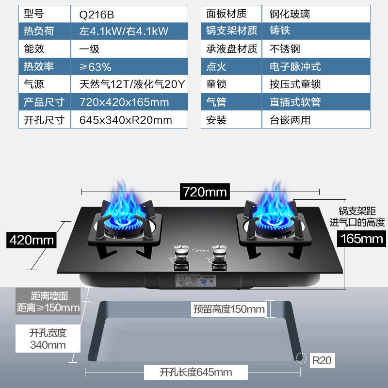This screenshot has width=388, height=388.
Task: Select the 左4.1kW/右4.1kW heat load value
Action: (x=124, y=32)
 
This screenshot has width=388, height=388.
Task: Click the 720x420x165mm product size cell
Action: (x=124, y=102)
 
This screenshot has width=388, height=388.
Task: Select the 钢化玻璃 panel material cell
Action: (x=290, y=14)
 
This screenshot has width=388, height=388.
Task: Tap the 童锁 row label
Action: (x=216, y=84)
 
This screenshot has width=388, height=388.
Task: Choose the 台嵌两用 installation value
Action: (x=290, y=120)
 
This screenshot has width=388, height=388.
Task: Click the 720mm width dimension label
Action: (x=204, y=192)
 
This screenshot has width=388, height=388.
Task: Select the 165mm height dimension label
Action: (x=361, y=238)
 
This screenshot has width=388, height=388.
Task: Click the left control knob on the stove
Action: (x=181, y=255)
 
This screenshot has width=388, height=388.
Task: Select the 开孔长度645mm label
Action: (x=195, y=372)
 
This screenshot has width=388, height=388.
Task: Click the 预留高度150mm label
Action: (x=229, y=309)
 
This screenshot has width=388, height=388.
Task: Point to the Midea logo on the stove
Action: (x=200, y=251)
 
